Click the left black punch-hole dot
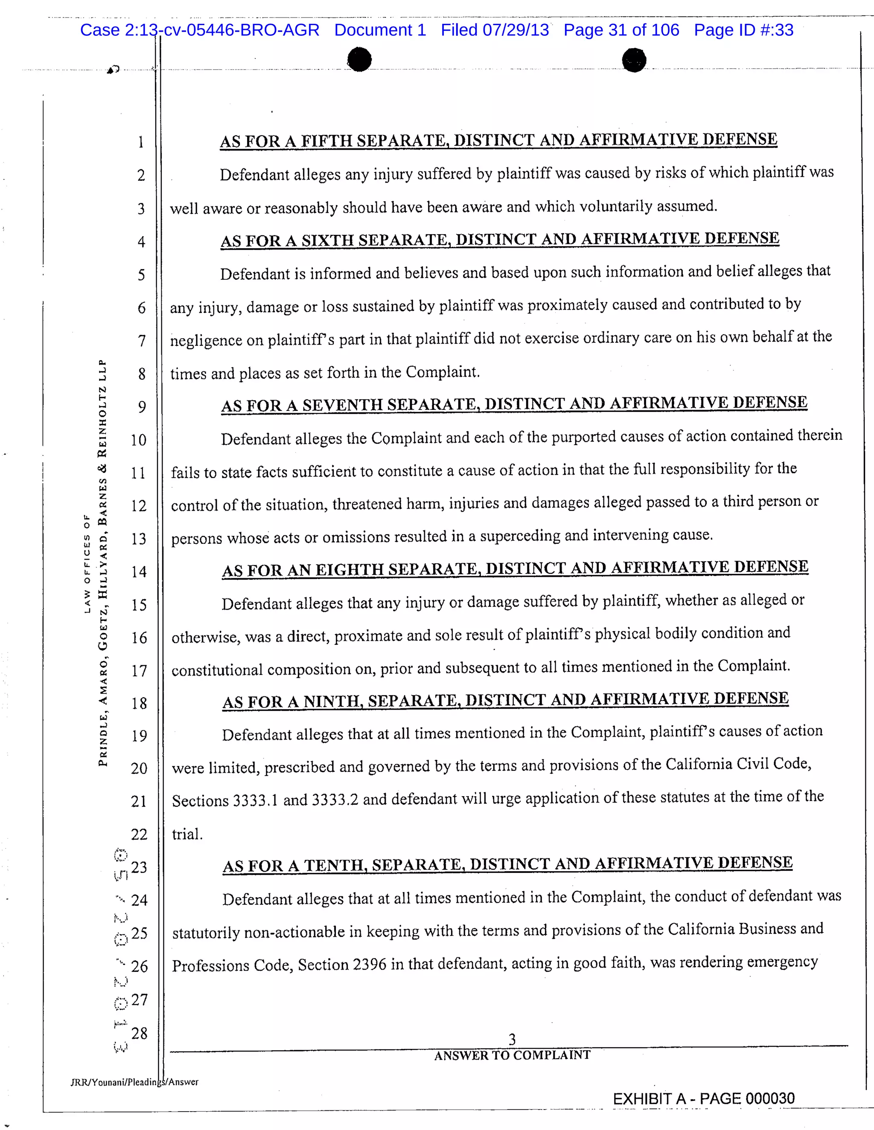tap(359, 60)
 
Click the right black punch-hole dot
tap(634, 60)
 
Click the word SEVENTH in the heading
tap(342, 405)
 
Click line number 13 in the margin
tap(138, 539)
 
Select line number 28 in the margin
tap(139, 1034)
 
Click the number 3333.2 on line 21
tap(335, 800)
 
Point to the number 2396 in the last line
tap(369, 965)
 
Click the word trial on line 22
tap(187, 834)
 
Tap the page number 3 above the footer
tap(512, 1039)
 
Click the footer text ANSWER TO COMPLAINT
tap(512, 1055)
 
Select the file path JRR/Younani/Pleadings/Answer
tap(134, 1082)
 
